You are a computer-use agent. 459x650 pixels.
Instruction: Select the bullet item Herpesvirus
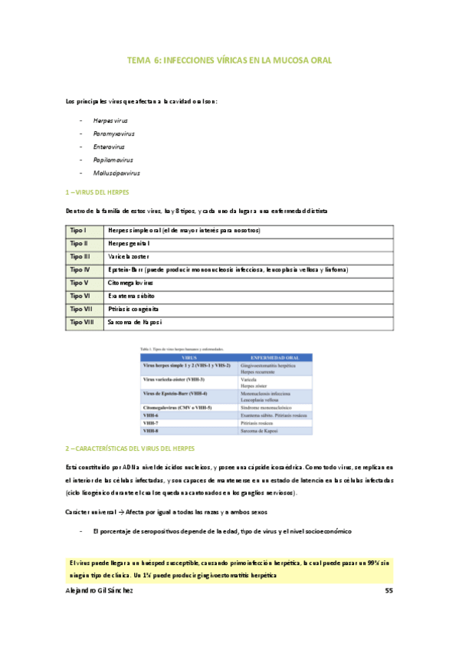point(110,121)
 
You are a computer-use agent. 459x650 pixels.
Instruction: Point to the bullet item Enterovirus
point(110,147)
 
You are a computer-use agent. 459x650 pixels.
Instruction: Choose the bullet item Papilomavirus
point(113,160)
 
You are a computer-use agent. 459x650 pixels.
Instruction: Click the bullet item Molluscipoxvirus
point(116,173)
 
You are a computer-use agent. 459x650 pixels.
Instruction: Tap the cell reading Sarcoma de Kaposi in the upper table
point(140,323)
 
